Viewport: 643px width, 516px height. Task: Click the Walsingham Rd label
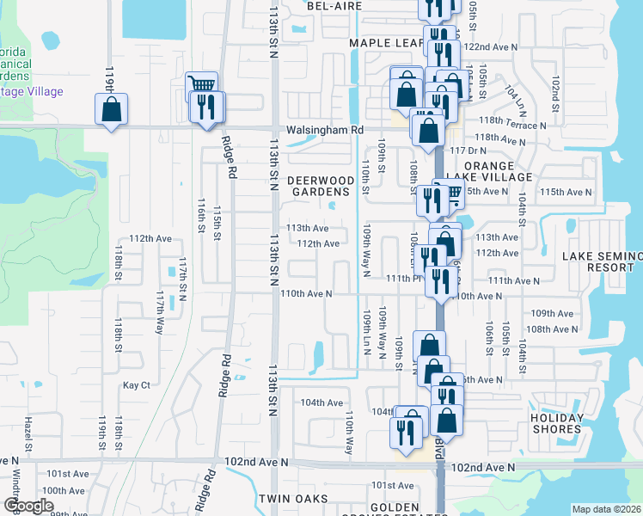point(326,130)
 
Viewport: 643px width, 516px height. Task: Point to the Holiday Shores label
point(557,424)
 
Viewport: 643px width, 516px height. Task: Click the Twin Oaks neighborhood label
point(293,499)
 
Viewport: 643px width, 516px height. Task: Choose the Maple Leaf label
point(386,43)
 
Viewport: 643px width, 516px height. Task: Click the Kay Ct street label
point(136,385)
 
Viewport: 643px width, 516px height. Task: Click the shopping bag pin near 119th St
point(111,110)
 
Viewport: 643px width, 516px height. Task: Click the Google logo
point(28,506)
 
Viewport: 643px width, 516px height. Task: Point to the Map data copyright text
point(606,508)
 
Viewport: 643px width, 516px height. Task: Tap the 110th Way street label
point(350,433)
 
